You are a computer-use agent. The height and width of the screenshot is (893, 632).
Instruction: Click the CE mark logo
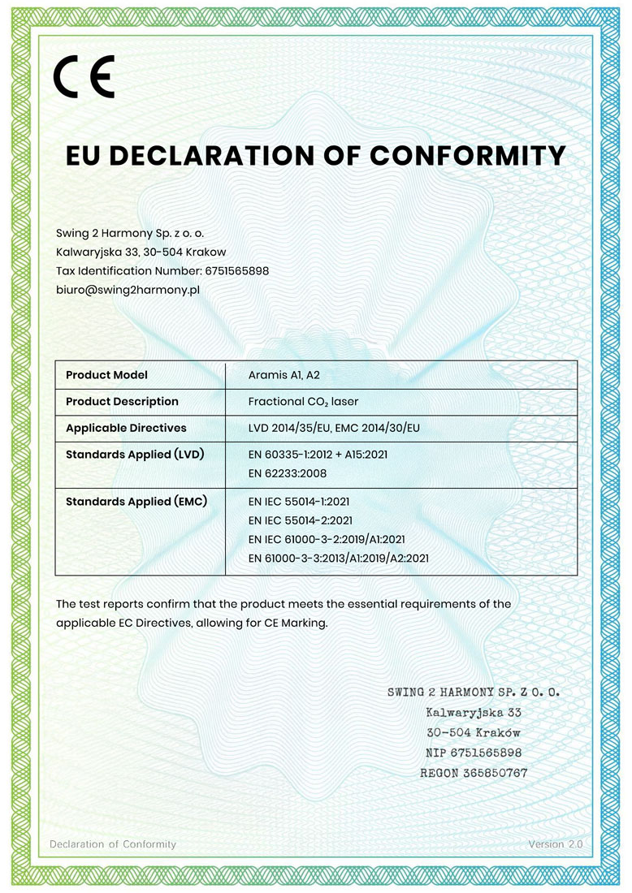[x=84, y=77]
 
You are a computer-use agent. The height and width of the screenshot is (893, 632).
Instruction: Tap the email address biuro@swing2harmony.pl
[x=128, y=289]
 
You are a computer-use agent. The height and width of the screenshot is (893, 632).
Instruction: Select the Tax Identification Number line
[x=162, y=270]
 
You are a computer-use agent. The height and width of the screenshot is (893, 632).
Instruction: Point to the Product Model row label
[x=106, y=375]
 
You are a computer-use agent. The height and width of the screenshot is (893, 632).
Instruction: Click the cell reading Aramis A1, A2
[x=284, y=375]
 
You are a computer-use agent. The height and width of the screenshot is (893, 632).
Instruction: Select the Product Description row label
[x=122, y=401]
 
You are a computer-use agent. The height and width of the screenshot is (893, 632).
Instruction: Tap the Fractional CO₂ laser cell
[x=303, y=401]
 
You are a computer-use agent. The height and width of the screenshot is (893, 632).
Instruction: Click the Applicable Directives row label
[x=126, y=428]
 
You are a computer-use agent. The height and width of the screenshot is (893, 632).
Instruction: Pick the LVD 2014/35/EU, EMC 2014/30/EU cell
[x=339, y=428]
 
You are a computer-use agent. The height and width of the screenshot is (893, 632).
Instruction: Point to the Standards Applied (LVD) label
[x=135, y=454]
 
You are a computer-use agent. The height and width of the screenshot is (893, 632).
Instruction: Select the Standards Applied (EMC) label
[x=136, y=502]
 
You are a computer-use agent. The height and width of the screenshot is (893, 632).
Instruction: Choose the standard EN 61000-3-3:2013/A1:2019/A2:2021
[x=338, y=558]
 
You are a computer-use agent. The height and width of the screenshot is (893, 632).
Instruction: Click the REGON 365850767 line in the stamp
[x=474, y=773]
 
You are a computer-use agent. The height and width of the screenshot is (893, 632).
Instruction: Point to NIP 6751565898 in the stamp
[x=474, y=753]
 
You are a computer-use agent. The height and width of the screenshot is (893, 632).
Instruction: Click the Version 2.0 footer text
[x=556, y=844]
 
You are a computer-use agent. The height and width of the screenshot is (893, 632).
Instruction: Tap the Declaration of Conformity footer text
[x=113, y=844]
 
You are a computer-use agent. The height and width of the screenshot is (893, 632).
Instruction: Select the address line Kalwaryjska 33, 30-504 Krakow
[x=141, y=252]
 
